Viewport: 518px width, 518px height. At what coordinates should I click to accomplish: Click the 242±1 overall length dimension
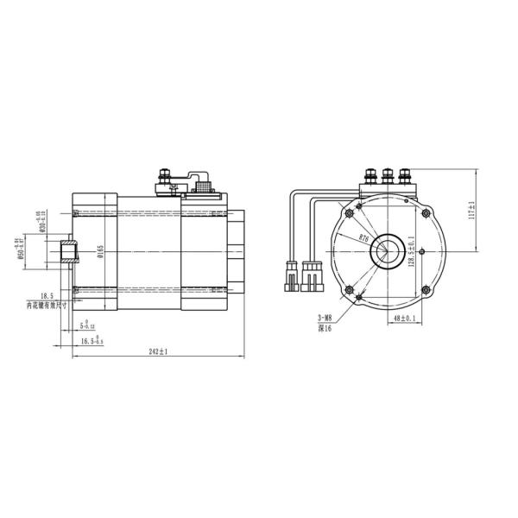click(x=156, y=352)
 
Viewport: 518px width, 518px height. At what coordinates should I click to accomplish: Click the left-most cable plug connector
click(x=287, y=276)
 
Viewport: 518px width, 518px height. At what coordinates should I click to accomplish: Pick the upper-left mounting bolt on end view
click(x=349, y=212)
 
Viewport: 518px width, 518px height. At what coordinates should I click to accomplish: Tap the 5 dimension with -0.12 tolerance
click(x=87, y=325)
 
